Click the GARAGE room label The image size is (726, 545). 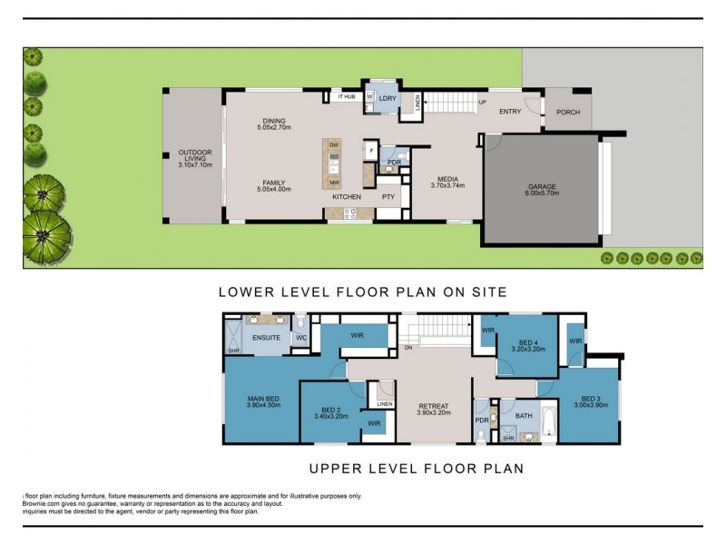point(542,187)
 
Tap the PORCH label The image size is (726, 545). point(568,113)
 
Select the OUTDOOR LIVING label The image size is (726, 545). point(194,154)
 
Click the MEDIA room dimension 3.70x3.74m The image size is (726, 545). point(447,185)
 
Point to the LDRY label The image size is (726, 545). point(388,97)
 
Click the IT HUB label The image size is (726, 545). point(347,96)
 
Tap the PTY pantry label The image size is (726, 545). point(388,196)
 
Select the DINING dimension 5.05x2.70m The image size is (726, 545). point(273,127)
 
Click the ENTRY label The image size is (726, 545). point(510,112)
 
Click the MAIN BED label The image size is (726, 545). point(261,398)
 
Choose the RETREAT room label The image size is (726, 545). point(434,406)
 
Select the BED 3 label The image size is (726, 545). point(591,398)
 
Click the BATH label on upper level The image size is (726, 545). point(524,416)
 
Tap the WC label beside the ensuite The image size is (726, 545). point(301,338)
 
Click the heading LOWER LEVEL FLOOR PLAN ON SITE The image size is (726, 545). point(362,292)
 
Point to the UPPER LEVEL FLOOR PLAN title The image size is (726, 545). point(416,470)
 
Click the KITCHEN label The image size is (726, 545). point(346,196)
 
